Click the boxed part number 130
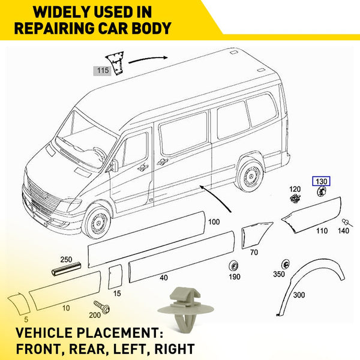321,181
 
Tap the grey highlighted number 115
103,70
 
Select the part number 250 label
66,259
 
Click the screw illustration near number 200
101,307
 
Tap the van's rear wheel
250,175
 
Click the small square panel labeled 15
115,277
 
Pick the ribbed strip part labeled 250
66,269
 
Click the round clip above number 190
234,266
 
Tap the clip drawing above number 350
286,264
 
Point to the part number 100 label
214,222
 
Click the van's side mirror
114,166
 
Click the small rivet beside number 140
346,222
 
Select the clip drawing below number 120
295,199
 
